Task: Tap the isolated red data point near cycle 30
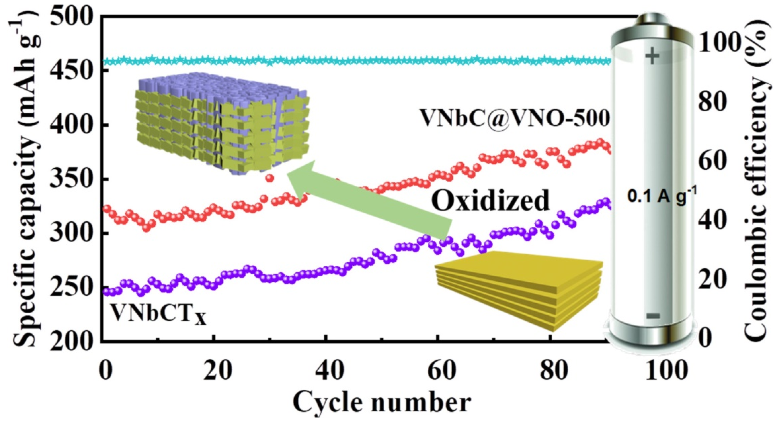pyautogui.click(x=270, y=178)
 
